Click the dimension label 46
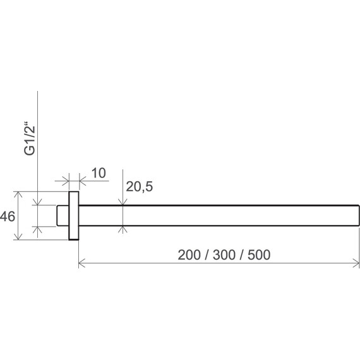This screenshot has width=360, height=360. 8,217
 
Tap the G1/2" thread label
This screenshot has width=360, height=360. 30,140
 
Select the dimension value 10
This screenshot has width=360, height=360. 99,173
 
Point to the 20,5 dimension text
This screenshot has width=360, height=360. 140,186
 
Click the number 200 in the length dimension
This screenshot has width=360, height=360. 189,255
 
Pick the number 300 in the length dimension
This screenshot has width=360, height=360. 224,255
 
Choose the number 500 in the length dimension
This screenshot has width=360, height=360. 259,255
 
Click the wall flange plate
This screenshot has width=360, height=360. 74,215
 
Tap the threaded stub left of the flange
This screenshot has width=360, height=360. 63,215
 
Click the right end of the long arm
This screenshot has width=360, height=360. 359,215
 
